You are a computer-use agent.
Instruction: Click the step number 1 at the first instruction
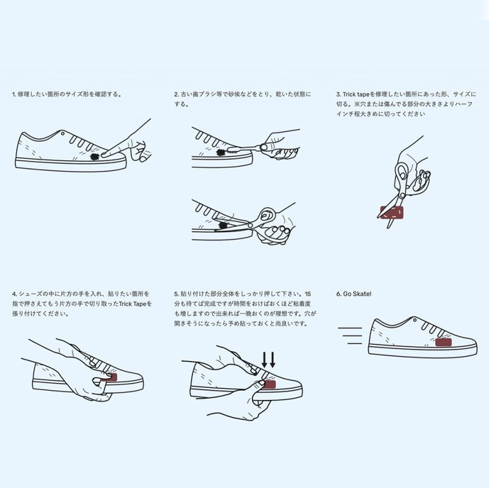coord(13,95)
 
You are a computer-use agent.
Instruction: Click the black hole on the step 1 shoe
coord(94,156)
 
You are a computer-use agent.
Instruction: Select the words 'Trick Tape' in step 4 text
coord(134,303)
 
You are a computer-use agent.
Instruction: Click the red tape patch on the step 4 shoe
coord(110,379)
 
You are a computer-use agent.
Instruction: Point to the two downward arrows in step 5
coord(268,359)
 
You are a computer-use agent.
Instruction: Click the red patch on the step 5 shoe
coord(268,384)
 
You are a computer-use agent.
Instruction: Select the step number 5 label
coord(176,294)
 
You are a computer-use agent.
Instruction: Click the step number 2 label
coord(176,95)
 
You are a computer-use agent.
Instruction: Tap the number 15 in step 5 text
coord(307,294)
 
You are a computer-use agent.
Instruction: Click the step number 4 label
coord(13,294)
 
